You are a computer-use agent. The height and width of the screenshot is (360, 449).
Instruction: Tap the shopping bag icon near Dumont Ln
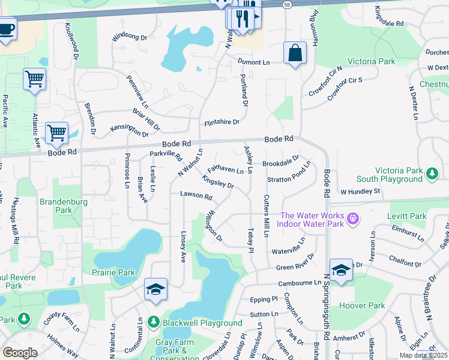click(295, 53)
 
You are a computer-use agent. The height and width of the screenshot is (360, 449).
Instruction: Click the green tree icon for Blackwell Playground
click(153, 322)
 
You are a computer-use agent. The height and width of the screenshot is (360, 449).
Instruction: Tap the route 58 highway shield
click(288, 4)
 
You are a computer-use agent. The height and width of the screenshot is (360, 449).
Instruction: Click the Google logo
click(20, 353)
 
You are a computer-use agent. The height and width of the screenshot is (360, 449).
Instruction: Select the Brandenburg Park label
click(64, 206)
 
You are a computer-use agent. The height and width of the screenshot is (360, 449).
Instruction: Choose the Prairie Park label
click(113, 272)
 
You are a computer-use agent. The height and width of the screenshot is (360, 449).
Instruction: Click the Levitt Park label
click(411, 216)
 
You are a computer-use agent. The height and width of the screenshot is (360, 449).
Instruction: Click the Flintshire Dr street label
click(221, 122)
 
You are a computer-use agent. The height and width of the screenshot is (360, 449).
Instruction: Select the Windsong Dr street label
click(129, 37)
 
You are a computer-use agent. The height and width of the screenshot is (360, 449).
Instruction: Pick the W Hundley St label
click(361, 191)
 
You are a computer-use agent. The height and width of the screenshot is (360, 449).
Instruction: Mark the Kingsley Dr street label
click(218, 182)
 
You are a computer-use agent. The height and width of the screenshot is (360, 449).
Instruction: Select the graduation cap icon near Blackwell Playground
click(155, 289)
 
